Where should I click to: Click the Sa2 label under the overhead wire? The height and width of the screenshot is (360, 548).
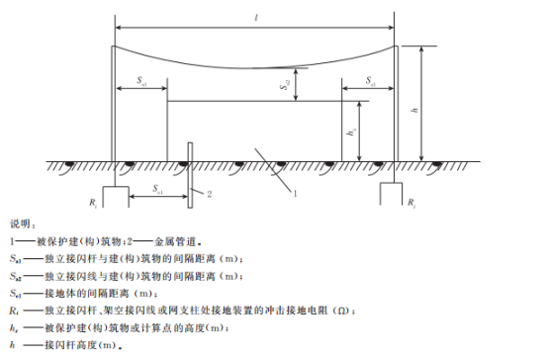pyautogui.click(x=284, y=86)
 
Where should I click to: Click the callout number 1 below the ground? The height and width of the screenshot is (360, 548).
pyautogui.click(x=294, y=191)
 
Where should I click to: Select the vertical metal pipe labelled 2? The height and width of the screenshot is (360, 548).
pyautogui.click(x=189, y=172)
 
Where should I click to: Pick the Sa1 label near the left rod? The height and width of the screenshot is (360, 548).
pyautogui.click(x=141, y=82)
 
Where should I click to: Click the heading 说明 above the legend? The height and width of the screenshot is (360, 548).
pyautogui.click(x=22, y=224)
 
